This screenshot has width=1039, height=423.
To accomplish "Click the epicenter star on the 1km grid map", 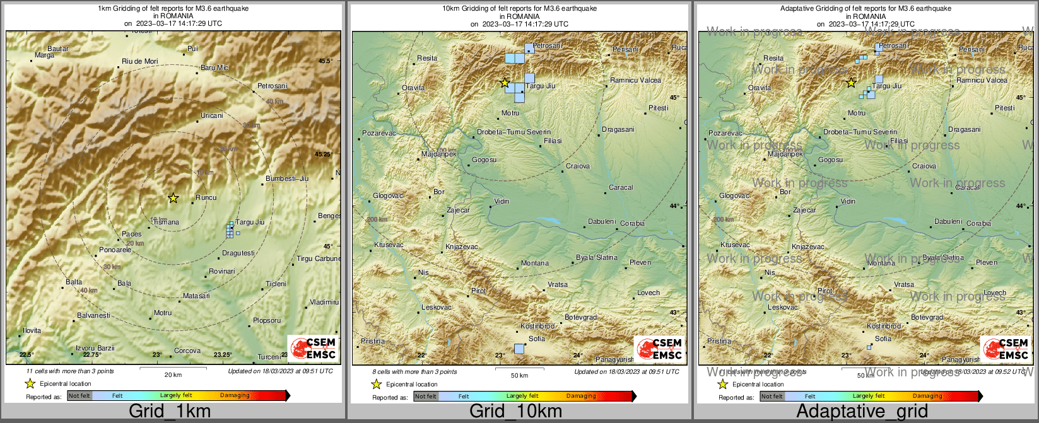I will tap(173, 198).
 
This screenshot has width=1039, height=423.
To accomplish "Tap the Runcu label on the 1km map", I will tap(206, 197).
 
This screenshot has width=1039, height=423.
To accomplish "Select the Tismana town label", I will tap(166, 222).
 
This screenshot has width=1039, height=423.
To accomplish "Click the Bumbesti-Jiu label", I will tap(287, 178).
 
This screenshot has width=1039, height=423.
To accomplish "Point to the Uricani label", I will tap(212, 115).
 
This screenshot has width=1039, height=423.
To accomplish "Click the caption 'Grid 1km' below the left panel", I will tap(170, 412).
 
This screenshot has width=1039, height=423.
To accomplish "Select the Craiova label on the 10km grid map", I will tap(578, 166).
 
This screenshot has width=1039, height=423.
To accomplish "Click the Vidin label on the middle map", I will tap(502, 202).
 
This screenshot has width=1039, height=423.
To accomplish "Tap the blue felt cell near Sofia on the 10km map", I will tap(519, 349).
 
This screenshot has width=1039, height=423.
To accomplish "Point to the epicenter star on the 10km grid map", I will tap(504, 83).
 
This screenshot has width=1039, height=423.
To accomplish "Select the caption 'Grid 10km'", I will tap(515, 412).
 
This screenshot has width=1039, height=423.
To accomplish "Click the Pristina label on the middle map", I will tap(373, 341).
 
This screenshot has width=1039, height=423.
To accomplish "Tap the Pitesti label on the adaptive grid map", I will tap(1005, 108).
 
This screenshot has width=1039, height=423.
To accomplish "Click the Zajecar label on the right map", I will tap(804, 211).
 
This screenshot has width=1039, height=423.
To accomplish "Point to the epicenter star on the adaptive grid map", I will tap(850, 83).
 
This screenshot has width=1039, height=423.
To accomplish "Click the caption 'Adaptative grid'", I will tap(862, 412).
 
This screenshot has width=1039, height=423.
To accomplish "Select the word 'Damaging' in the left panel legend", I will tap(235, 395).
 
